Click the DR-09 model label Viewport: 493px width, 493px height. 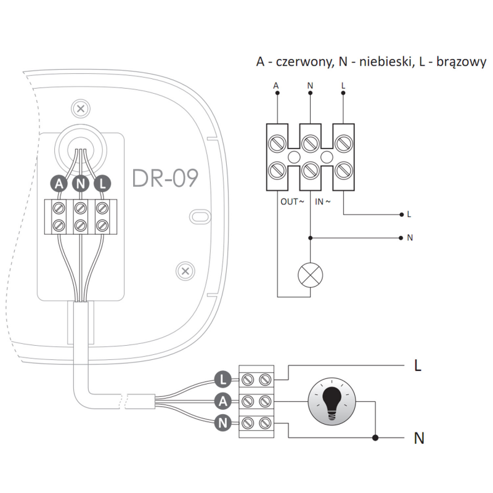[165, 178]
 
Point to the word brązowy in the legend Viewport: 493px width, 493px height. [461, 62]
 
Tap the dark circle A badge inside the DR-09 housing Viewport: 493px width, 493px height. [59, 183]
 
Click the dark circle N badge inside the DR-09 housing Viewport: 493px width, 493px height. [81, 183]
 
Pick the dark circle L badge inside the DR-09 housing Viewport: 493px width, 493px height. [102, 183]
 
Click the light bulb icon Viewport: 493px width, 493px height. [332, 402]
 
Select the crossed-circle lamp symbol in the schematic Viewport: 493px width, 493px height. [311, 275]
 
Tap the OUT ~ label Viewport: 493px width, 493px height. [292, 202]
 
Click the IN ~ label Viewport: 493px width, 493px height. [322, 202]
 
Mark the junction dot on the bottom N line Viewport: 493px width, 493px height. [375, 438]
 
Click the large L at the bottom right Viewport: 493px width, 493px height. [418, 365]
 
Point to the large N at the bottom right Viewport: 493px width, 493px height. [419, 438]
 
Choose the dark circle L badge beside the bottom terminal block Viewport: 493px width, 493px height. [223, 380]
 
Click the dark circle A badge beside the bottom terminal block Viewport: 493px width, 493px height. [223, 401]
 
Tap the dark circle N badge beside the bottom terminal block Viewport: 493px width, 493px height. [223, 423]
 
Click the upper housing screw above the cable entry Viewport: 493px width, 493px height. [81, 109]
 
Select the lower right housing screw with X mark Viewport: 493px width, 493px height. [185, 271]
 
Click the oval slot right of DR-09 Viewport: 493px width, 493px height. [200, 216]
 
